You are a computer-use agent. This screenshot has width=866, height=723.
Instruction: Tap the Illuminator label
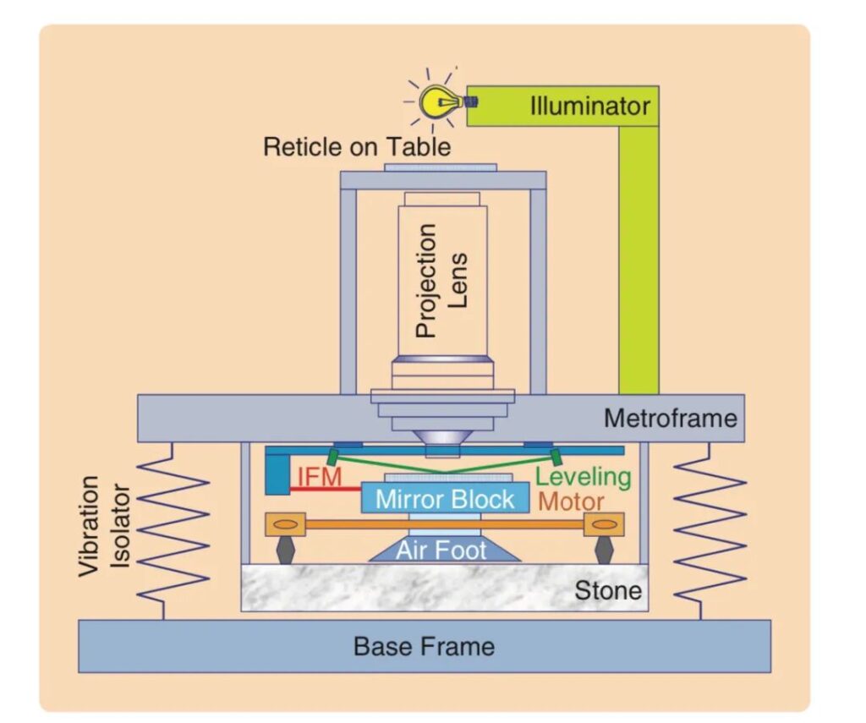(589, 107)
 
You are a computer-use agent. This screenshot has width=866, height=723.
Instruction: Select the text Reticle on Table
(357, 146)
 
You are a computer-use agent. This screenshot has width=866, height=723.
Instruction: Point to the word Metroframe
(670, 418)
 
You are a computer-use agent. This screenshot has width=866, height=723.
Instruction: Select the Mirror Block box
(445, 499)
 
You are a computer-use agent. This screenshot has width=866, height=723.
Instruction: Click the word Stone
(607, 590)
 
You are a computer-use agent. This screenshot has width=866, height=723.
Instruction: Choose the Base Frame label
(424, 647)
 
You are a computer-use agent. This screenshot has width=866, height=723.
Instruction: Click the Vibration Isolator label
(105, 526)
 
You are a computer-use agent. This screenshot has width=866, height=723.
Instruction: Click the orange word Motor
(571, 501)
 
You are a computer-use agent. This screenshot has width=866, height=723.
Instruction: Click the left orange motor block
(286, 524)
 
